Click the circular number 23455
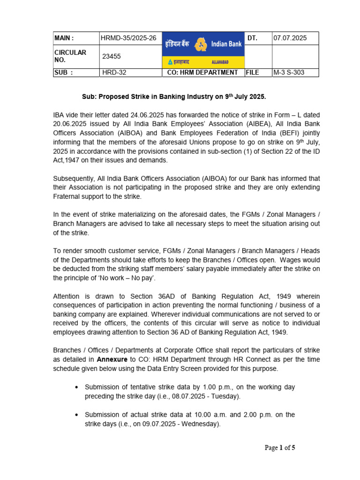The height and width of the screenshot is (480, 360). point(112,56)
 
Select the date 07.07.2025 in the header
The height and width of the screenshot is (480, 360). point(290,38)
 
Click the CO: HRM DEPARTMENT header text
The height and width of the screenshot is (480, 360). point(202,73)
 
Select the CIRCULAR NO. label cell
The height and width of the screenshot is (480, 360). point(70,56)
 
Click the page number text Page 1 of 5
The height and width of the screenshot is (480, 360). point(280,448)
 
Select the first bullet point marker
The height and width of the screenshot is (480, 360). point(77,387)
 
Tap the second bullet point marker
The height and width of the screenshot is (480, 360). point(77,415)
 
